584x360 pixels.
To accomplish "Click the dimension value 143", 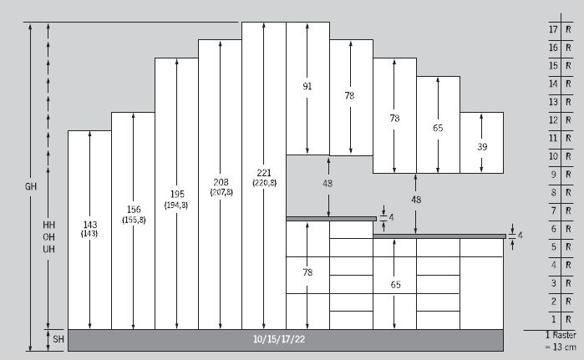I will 89,224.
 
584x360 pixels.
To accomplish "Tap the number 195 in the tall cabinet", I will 176,194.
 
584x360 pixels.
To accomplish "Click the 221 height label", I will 263,172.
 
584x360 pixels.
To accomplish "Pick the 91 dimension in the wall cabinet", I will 307,85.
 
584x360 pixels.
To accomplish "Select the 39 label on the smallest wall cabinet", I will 481,146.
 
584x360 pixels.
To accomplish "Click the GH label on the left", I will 31,185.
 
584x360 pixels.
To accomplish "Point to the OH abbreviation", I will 48,237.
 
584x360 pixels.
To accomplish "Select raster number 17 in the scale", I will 552,29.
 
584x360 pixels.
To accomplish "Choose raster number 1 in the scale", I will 553,320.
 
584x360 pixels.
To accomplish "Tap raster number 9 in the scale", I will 553,175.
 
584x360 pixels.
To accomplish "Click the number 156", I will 133,209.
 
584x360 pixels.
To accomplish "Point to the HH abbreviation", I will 48,226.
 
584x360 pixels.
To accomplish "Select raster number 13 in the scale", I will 552,102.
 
